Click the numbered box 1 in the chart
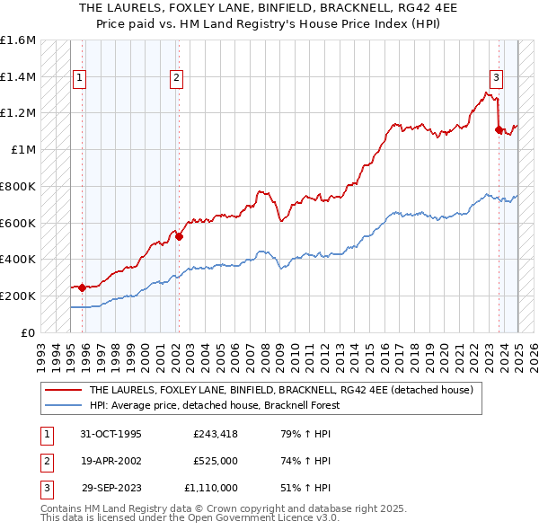pos(80,78)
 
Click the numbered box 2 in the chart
pos(176,78)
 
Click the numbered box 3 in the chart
pos(496,78)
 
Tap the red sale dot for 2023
pos(499,130)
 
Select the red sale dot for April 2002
pos(179,237)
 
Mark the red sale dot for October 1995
pos(82,288)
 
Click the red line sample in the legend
pos(62,390)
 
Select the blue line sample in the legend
pos(62,404)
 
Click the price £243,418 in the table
pos(215,434)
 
